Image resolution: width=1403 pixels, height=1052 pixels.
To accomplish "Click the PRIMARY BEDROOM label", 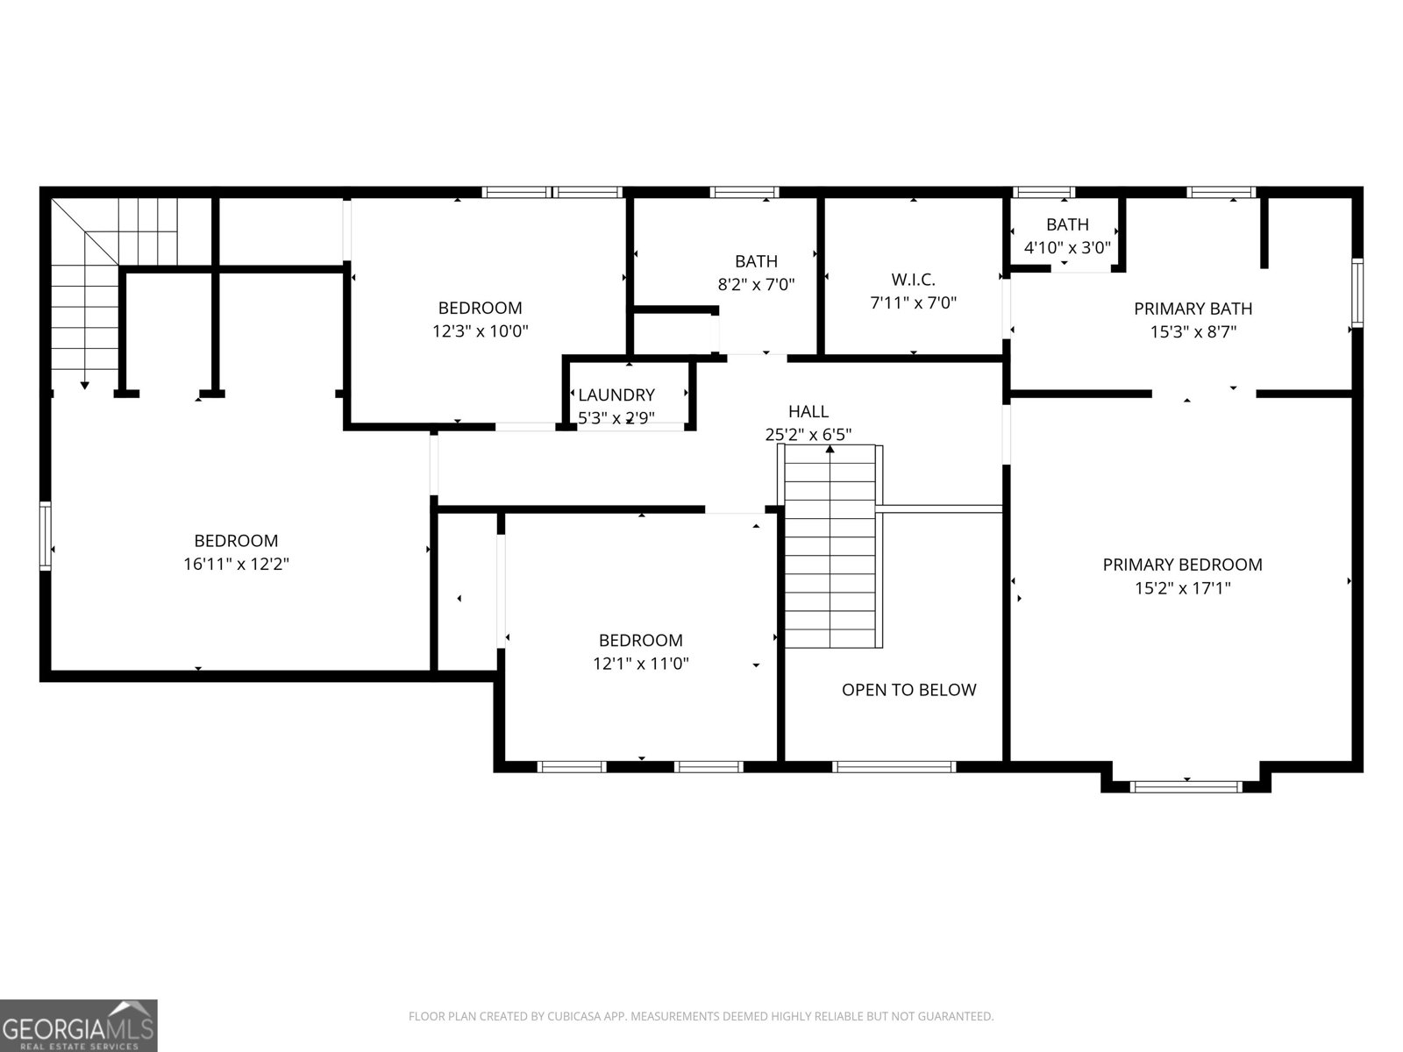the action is coord(1182,565).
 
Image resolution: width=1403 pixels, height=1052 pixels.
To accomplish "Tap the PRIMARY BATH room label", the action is coord(1193,309).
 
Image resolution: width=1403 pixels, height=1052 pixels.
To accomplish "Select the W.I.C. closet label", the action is coord(914,279).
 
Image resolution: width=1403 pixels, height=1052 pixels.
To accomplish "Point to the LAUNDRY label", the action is coord(616,394).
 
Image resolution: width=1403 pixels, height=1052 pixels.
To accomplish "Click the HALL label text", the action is coord(808,411).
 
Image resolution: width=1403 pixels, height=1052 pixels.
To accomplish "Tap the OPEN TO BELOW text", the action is coord(909,690).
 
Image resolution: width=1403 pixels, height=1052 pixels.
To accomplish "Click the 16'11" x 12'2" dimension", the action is coord(237,564).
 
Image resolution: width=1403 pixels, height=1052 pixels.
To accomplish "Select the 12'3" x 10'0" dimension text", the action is coord(480,331).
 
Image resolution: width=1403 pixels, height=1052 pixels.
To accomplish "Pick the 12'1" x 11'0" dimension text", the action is coord(640,664).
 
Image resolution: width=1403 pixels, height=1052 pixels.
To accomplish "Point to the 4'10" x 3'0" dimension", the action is coord(1067,247).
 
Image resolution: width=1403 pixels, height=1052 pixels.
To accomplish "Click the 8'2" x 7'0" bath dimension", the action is coord(756,284).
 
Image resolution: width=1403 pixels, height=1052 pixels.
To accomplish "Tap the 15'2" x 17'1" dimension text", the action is coord(1183,587).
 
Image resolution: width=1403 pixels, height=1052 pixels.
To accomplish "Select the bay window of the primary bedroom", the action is coord(1186,787).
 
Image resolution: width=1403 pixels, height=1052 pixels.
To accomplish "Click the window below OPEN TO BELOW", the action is coord(894,767).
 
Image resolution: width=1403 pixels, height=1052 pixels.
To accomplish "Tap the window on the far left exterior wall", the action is coord(45,536).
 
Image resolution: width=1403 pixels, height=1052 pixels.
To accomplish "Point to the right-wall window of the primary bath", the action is coord(1357,293).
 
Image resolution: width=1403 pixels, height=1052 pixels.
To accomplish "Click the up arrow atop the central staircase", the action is coord(830,450).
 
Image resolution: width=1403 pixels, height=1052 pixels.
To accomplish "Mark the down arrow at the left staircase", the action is coord(84,385).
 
